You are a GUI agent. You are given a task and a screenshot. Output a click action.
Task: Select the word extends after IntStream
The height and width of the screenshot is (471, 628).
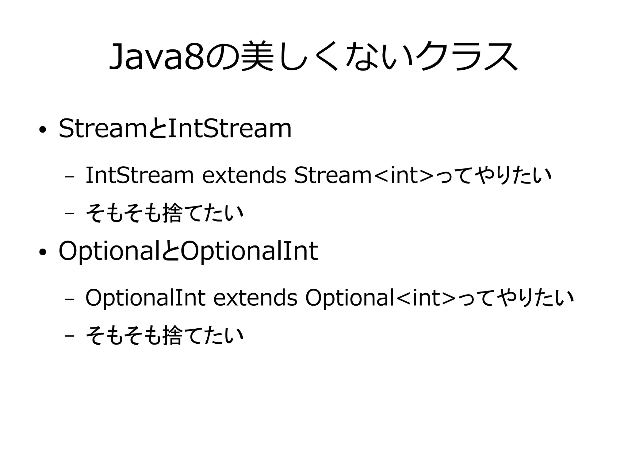244,176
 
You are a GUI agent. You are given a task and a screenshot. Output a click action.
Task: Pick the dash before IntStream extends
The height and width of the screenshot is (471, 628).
70,177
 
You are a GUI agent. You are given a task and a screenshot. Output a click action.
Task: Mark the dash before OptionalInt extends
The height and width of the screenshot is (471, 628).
70,299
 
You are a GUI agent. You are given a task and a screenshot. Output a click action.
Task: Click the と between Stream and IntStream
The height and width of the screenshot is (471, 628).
158,129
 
